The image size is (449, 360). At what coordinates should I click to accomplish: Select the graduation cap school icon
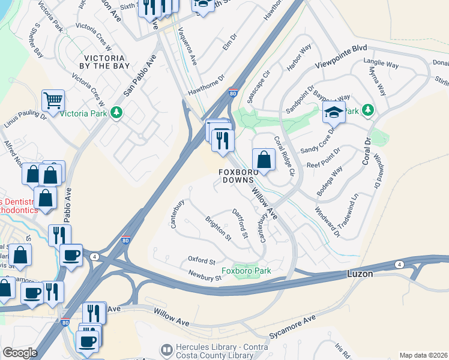[333, 112]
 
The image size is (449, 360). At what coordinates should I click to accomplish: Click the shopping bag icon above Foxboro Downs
[264, 159]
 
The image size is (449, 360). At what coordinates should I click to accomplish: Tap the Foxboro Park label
[246, 271]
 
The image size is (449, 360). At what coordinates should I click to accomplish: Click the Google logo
[20, 353]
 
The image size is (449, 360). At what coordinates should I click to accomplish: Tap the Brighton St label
[218, 229]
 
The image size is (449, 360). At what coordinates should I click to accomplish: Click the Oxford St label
[201, 261]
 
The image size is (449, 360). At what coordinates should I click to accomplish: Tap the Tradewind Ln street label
[348, 210]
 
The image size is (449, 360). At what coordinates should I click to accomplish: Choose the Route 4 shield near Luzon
[399, 264]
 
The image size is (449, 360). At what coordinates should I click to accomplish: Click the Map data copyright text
[423, 355]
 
